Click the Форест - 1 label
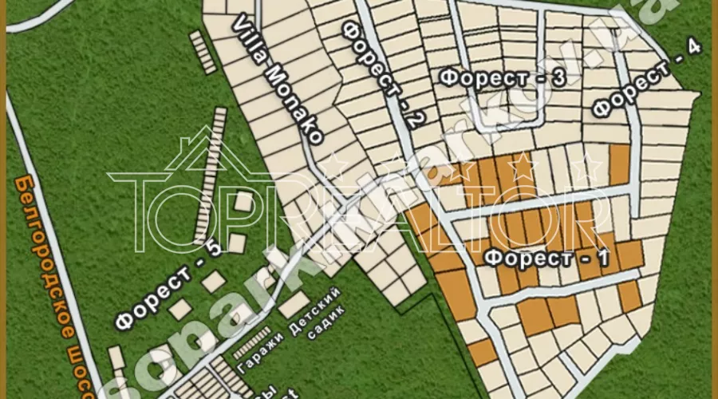point(547,258)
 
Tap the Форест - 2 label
point(382,77)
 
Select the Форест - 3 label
point(503,77)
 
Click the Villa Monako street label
point(278,81)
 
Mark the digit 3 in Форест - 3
point(558,77)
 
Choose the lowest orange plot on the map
point(481,352)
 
